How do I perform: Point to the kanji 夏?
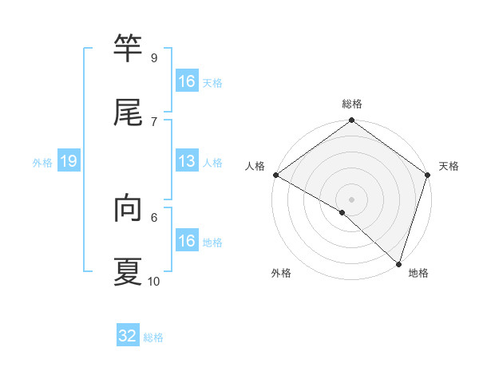pos(128,271)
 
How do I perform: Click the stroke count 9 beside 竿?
pos(153,58)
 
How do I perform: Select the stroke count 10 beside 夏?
pos(154,281)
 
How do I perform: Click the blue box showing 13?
pos(187,162)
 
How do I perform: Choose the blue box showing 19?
pos(69,162)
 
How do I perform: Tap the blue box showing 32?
pos(128,336)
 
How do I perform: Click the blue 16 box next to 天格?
pos(187,81)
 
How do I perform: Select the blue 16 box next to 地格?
pos(187,241)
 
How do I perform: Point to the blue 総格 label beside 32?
pos(153,337)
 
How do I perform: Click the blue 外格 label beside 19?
pos(42,163)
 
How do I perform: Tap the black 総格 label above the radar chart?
pos(352,104)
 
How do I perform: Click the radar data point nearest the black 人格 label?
pos(275,175)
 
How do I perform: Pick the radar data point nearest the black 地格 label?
pos(398,263)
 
